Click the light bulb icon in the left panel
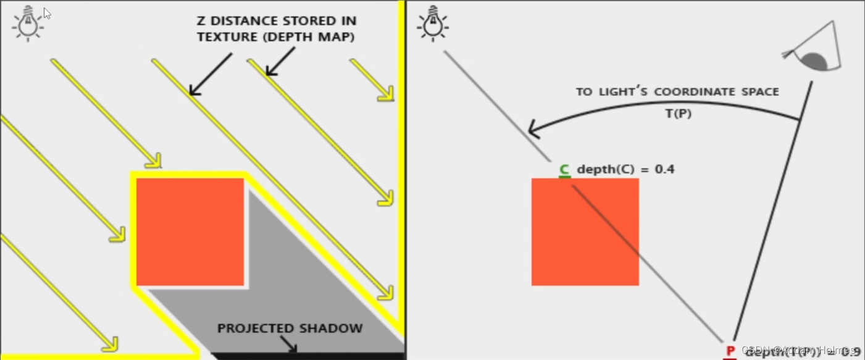(x=28, y=23)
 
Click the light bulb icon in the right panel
(x=433, y=23)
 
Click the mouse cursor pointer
(x=48, y=14)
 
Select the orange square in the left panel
(x=190, y=232)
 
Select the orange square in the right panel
(x=585, y=232)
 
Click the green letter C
(x=564, y=169)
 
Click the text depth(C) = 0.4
(x=625, y=169)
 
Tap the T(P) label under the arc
(x=678, y=114)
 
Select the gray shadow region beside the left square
(x=296, y=278)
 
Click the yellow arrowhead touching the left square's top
(x=154, y=162)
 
